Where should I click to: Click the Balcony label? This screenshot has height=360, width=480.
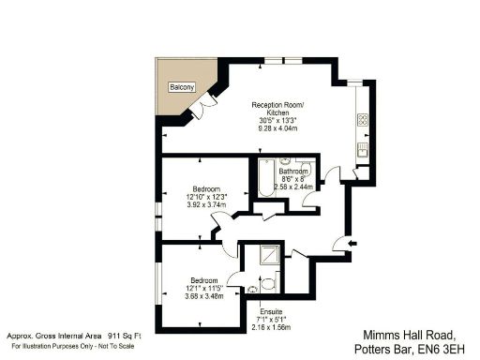click(182, 86)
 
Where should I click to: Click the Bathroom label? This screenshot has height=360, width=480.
click(292, 172)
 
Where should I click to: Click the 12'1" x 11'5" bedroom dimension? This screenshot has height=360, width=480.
click(205, 288)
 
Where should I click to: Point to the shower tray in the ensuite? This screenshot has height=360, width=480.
click(268, 256)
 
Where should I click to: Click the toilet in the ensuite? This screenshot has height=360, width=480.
click(268, 282)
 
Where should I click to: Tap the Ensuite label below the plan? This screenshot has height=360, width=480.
click(269, 311)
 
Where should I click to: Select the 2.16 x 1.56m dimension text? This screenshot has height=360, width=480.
click(270, 327)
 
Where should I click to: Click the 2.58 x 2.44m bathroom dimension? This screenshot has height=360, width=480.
click(292, 187)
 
